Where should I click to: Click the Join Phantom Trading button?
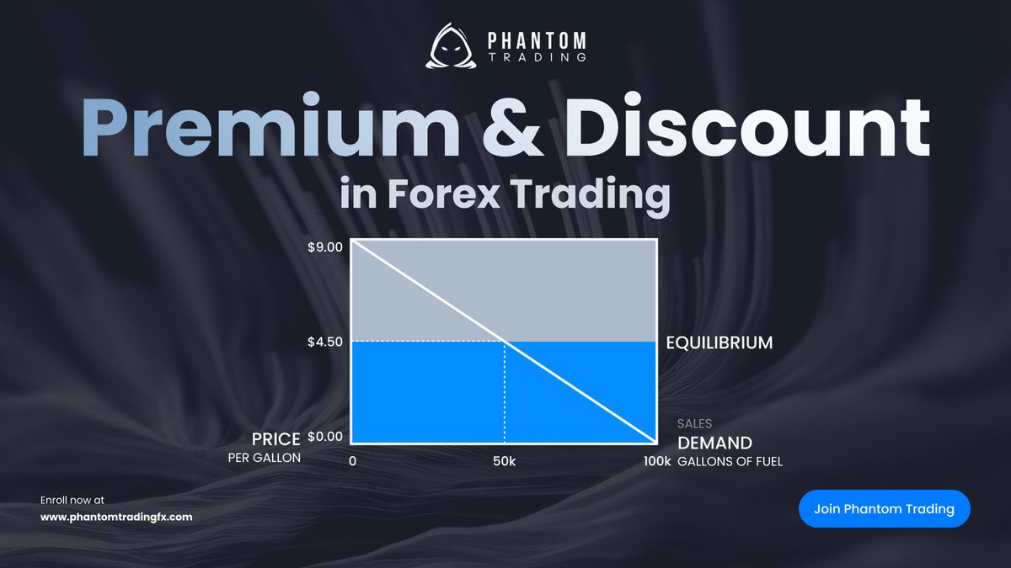click(884, 508)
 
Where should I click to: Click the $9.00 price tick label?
click(325, 247)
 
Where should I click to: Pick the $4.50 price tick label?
click(325, 342)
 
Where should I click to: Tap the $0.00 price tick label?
click(325, 436)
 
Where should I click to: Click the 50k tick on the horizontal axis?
click(504, 461)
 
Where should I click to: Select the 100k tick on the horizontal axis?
click(656, 461)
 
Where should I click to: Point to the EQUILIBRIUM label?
click(719, 343)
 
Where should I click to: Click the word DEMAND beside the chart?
click(714, 443)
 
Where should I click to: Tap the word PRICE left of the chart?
click(275, 439)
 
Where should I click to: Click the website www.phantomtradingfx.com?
click(116, 517)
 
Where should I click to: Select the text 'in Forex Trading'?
click(505, 194)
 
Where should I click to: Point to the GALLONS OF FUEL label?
click(730, 461)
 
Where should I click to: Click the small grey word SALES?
click(694, 424)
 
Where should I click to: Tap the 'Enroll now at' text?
click(72, 500)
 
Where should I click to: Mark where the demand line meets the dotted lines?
click(504, 342)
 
